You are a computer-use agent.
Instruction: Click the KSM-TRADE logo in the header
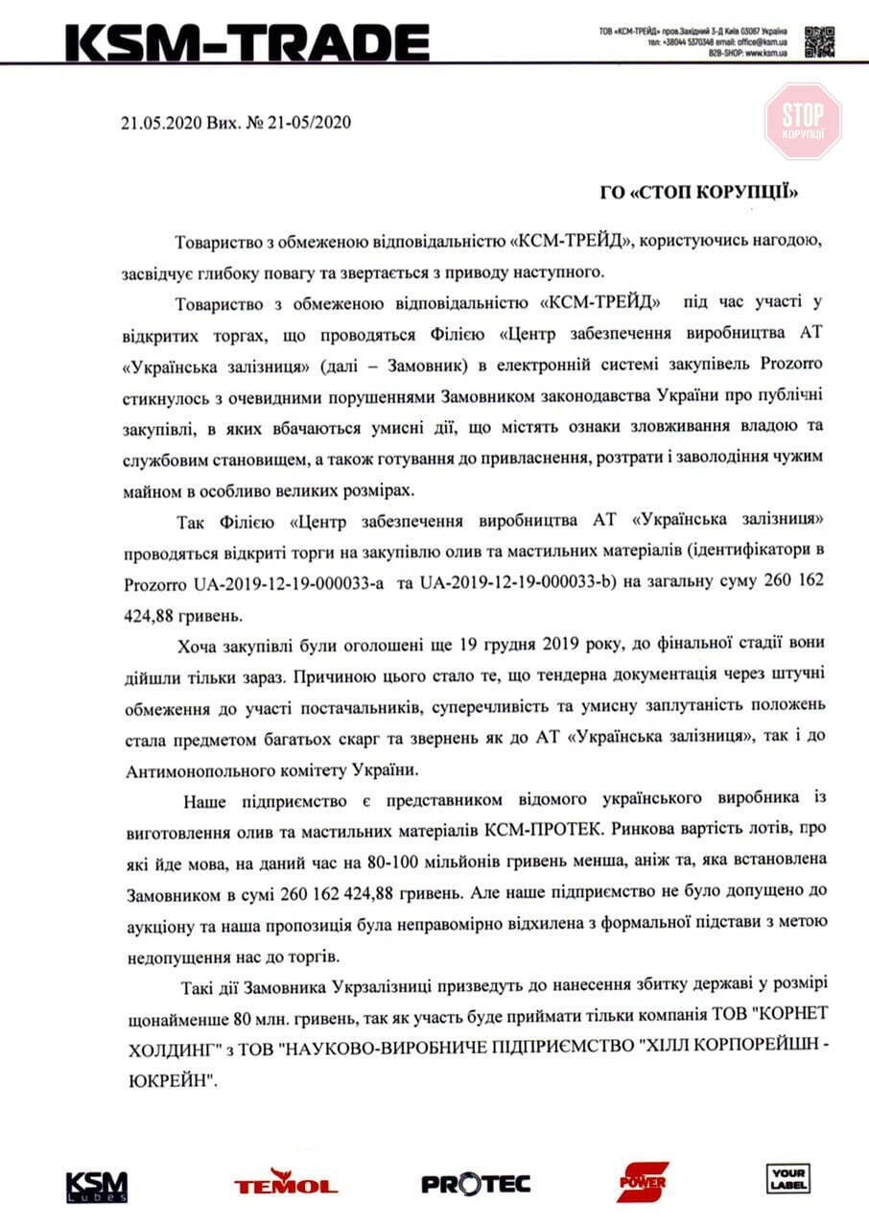coord(247,42)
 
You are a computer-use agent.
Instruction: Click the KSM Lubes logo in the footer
coord(96,1186)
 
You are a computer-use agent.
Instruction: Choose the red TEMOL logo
coord(285,1182)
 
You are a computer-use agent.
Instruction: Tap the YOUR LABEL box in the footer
coord(787,1178)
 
